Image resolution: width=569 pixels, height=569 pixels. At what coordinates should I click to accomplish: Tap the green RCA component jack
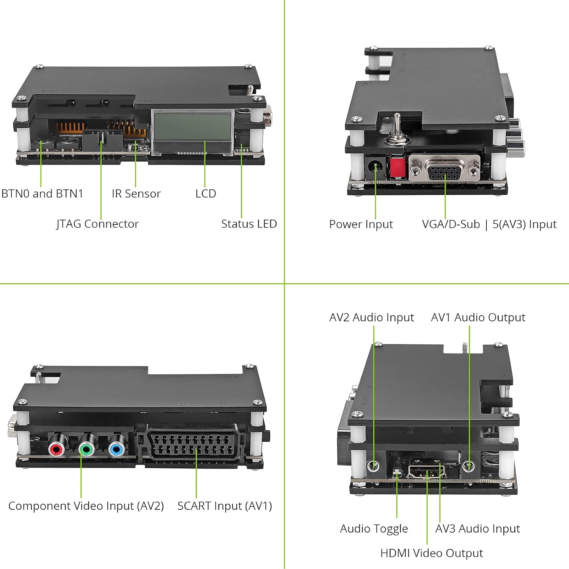87,450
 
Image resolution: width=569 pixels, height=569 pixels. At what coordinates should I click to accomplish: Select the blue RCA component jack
117,450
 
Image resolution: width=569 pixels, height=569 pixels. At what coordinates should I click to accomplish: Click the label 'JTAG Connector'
97,224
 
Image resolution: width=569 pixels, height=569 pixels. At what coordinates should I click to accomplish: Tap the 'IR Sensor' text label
136,193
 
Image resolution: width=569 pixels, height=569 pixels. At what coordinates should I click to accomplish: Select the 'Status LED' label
249,224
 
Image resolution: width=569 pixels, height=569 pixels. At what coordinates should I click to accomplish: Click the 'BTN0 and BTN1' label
42,193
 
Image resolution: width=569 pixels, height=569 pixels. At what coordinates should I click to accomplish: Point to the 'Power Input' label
361,224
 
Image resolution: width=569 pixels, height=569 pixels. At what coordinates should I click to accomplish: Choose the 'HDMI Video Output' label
431,553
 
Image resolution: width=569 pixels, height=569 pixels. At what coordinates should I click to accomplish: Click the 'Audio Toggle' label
374,528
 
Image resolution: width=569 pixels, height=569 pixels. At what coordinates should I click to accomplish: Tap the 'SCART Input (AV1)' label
225,506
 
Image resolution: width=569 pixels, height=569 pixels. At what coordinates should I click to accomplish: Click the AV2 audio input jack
374,465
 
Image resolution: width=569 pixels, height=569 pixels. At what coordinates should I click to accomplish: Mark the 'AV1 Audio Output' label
478,317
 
